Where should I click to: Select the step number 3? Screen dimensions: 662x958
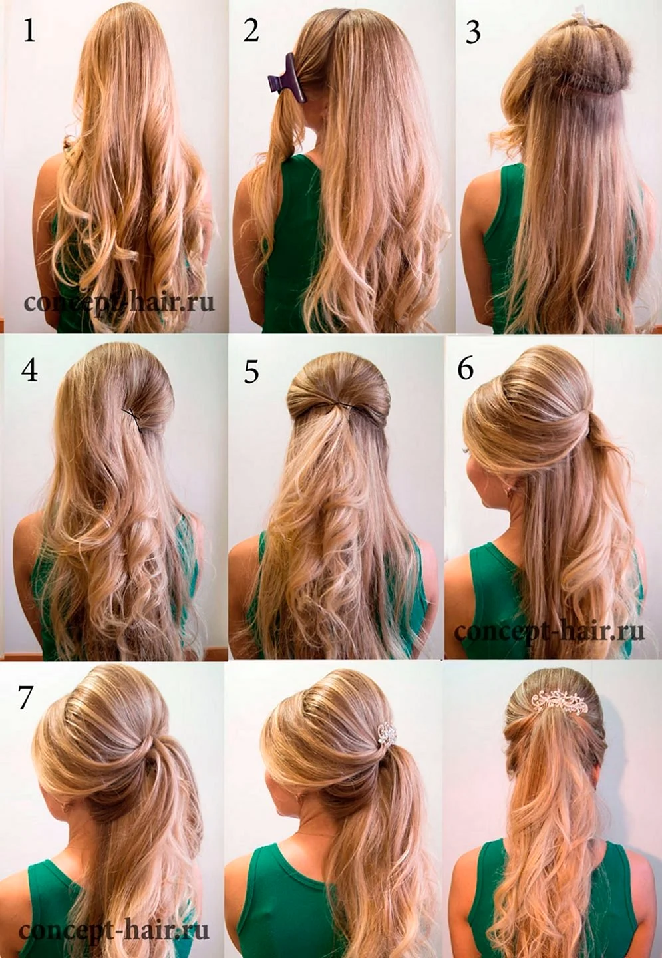(x=472, y=32)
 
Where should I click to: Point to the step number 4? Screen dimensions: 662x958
(x=29, y=369)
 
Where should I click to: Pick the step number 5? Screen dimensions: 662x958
(x=251, y=370)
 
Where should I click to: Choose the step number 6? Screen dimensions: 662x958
(x=466, y=367)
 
